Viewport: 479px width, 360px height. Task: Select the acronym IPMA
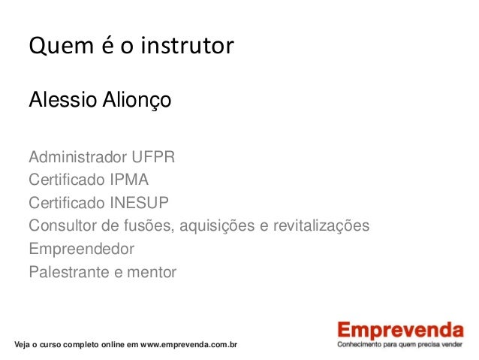[127, 181]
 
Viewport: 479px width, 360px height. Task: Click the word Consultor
[62, 226]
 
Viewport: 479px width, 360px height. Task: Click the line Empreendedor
[81, 249]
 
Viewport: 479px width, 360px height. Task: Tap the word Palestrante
[67, 271]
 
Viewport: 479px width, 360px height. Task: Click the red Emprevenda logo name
[399, 331]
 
